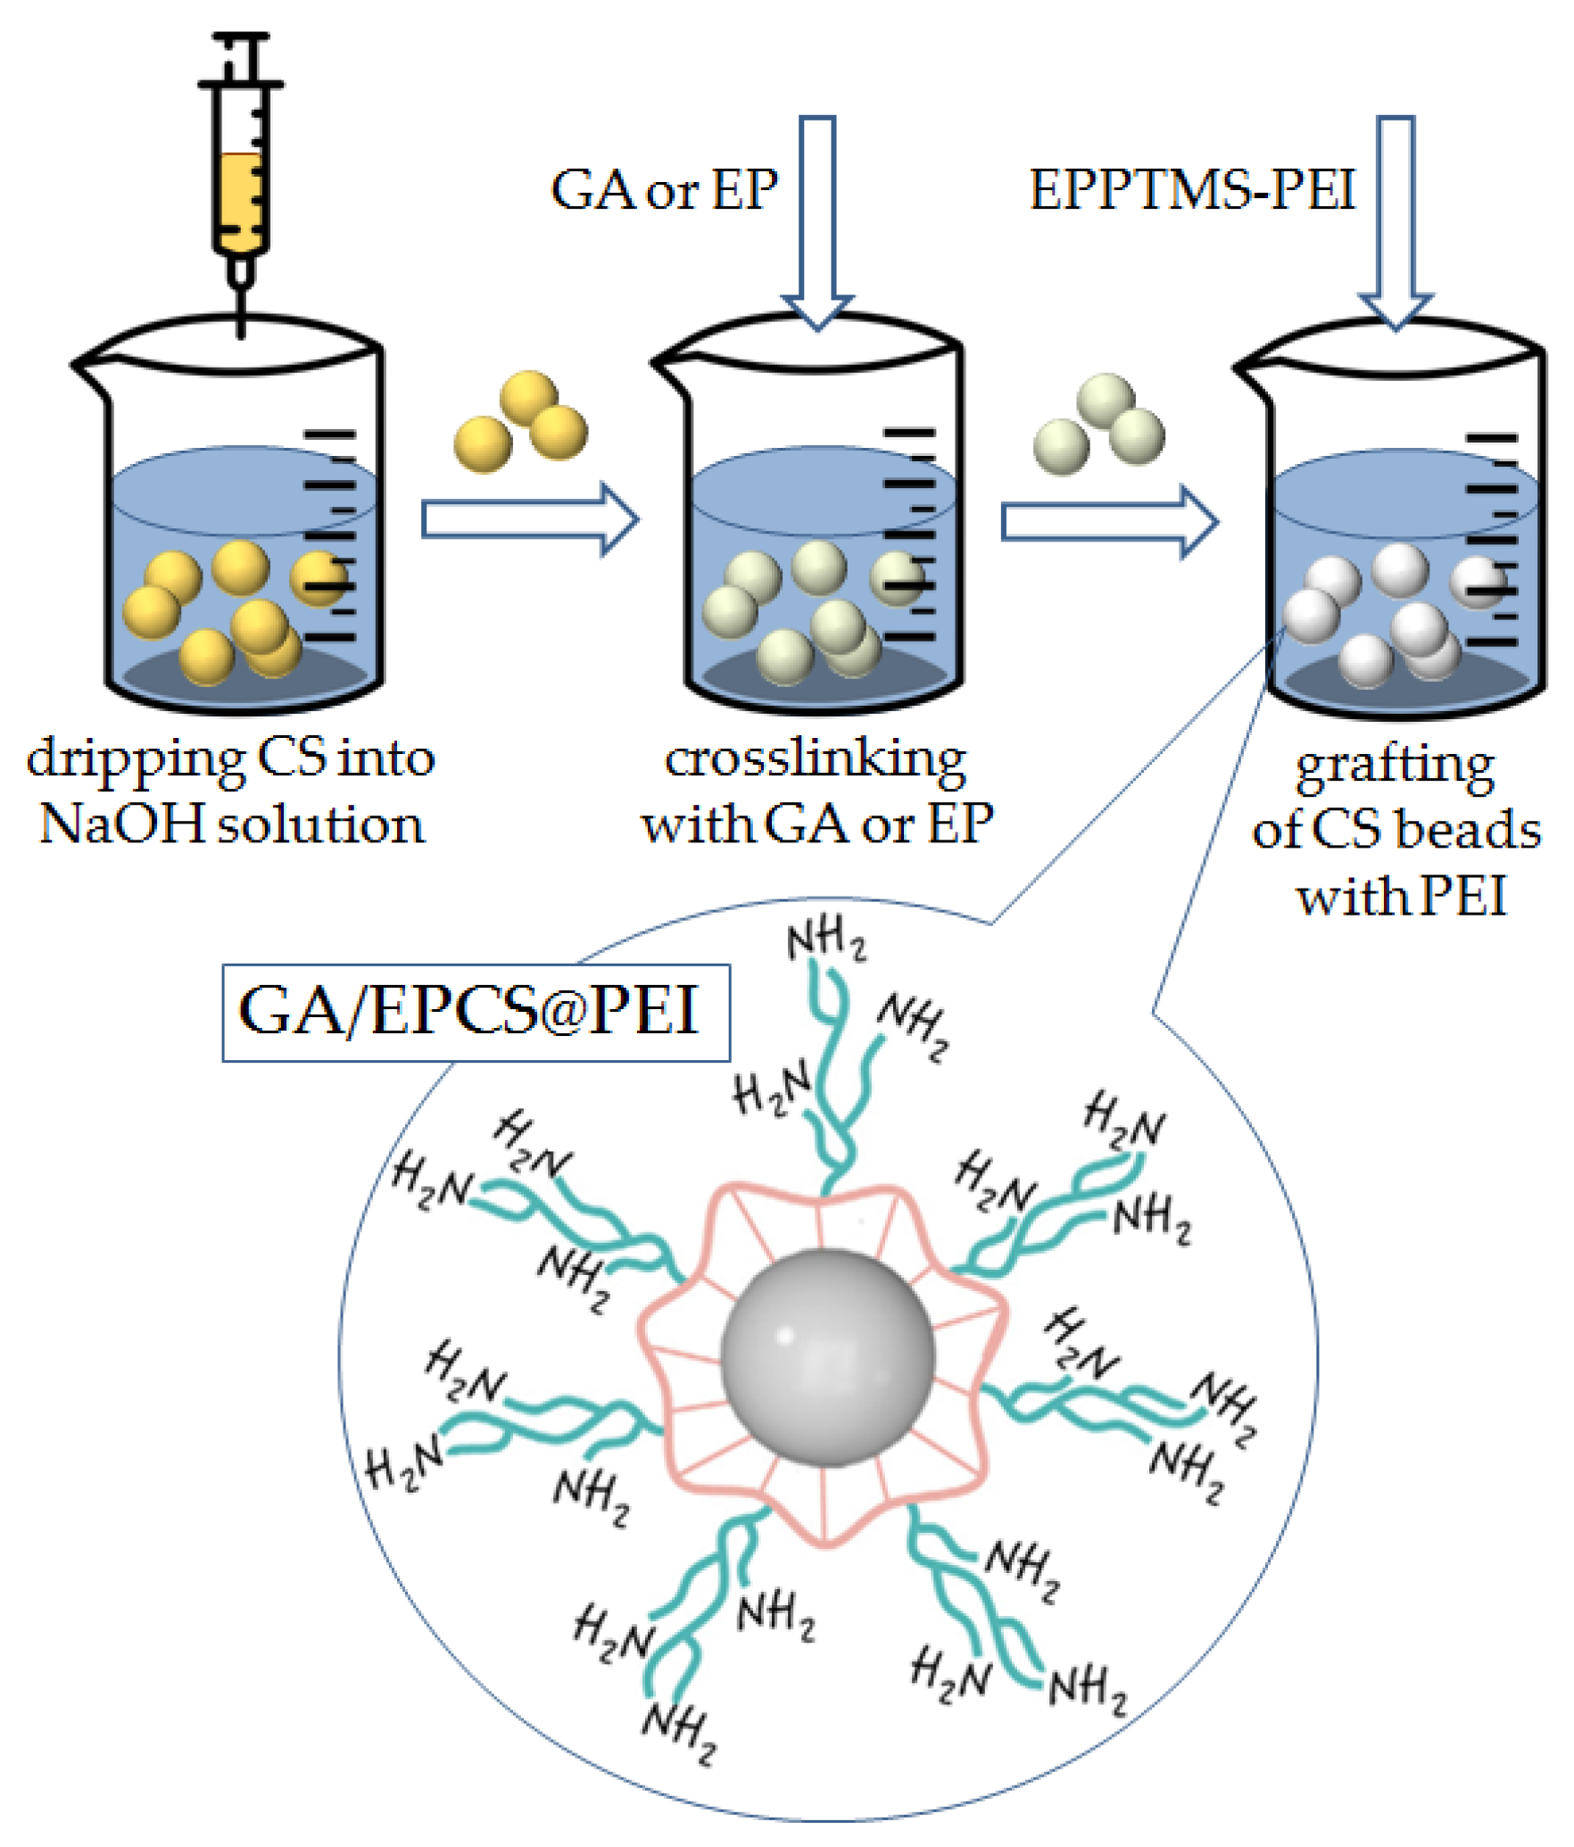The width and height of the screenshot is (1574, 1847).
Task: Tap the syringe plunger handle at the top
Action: pyautogui.click(x=240, y=40)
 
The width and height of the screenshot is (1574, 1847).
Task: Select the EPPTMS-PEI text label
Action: pyautogui.click(x=1192, y=190)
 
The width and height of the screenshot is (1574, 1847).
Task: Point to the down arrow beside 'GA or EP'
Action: pyautogui.click(x=817, y=223)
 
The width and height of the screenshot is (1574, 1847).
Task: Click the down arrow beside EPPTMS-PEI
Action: pyautogui.click(x=1396, y=223)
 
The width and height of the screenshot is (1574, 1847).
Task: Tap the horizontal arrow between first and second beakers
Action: pyautogui.click(x=530, y=519)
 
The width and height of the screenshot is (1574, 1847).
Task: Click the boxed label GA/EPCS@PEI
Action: pyautogui.click(x=476, y=1012)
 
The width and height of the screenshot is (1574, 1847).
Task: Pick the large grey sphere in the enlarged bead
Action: pyautogui.click(x=827, y=1357)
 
